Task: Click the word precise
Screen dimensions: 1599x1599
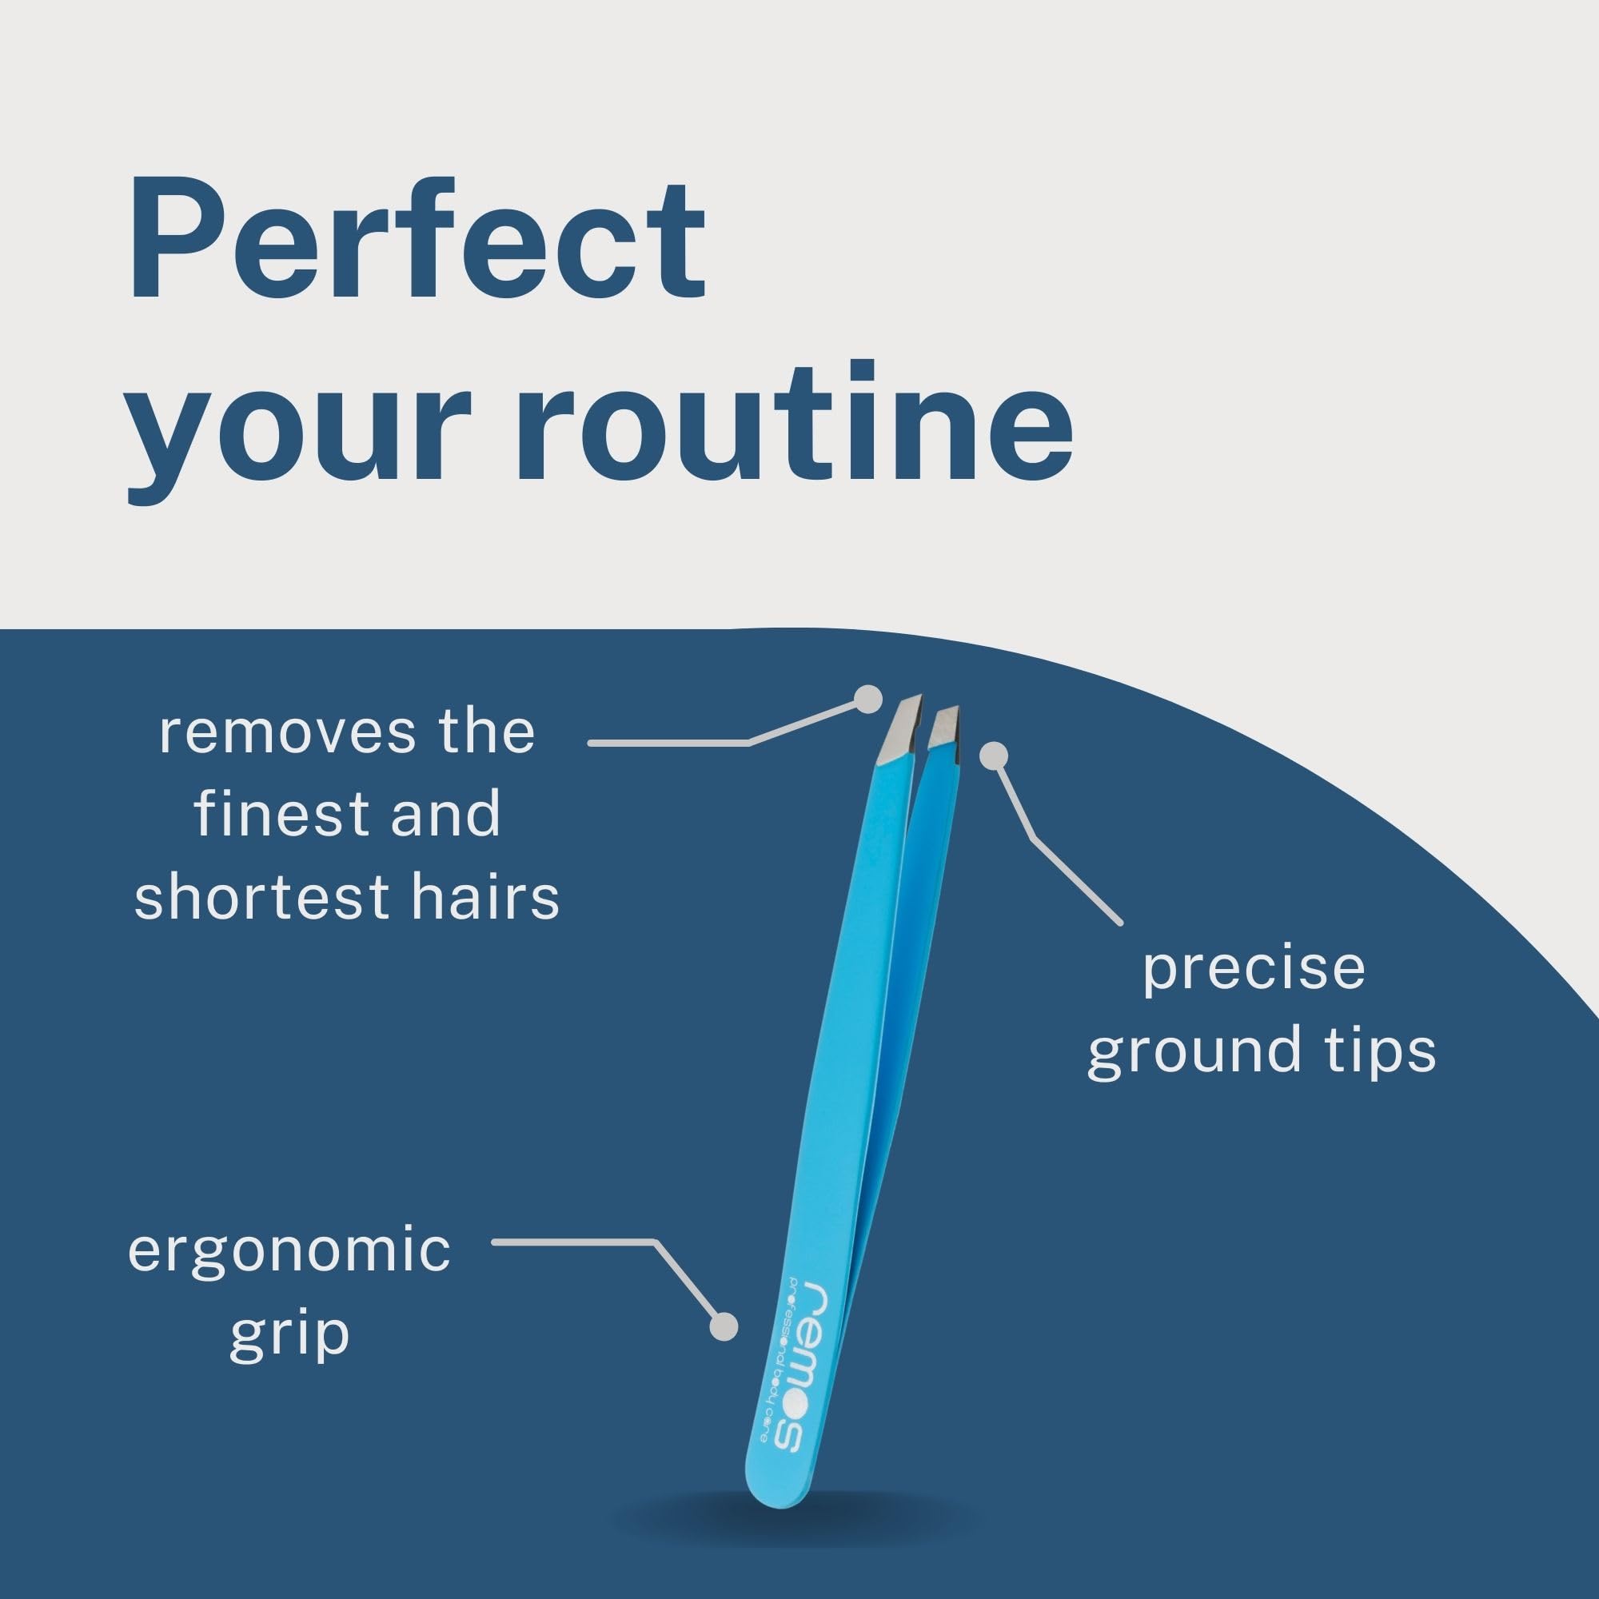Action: (x=1253, y=971)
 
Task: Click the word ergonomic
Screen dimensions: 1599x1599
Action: (x=289, y=1252)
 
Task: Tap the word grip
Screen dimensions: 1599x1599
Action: (x=289, y=1335)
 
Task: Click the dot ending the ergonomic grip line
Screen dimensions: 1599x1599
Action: (x=724, y=1326)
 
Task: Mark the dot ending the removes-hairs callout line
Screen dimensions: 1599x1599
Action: (x=868, y=700)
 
